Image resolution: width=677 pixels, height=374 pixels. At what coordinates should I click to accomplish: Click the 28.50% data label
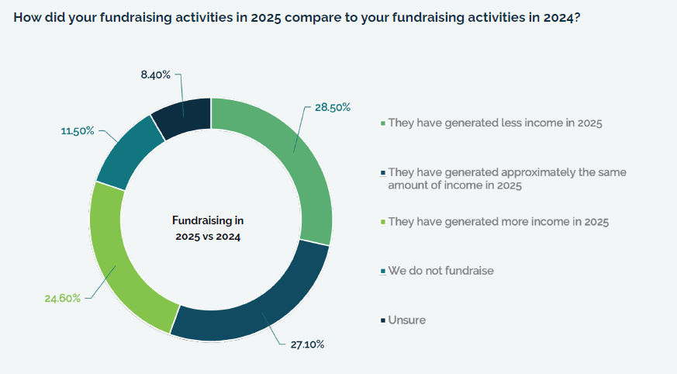332,107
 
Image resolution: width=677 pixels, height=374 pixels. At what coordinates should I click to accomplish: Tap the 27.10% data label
307,344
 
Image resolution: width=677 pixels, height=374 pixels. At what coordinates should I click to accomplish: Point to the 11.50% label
78,131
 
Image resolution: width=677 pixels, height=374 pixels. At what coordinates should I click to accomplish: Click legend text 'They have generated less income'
495,123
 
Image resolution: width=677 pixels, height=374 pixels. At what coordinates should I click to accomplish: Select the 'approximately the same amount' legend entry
506,178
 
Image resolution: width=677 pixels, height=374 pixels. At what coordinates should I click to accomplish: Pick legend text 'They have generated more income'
498,222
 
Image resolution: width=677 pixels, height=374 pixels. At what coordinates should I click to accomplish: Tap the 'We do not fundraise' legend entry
440,271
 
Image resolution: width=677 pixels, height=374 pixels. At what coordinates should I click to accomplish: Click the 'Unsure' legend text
406,320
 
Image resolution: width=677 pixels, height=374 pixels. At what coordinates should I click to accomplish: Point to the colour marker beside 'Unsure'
382,320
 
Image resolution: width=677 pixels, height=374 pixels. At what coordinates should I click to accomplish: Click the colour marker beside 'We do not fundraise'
382,272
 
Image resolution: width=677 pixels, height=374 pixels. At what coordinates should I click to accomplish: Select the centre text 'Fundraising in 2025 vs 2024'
208,228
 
